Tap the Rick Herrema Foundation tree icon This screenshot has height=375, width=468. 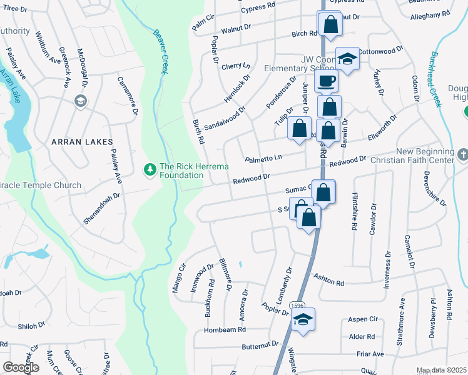click(x=150, y=169)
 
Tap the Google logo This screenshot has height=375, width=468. click(x=21, y=367)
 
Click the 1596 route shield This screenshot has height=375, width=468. click(x=297, y=306)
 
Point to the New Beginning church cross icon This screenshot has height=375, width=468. click(x=463, y=154)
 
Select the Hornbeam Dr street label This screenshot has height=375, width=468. click(x=222, y=329)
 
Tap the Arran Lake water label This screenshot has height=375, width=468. click(x=11, y=81)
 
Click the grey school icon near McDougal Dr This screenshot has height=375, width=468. click(x=79, y=101)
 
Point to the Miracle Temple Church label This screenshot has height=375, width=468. click(x=41, y=185)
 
